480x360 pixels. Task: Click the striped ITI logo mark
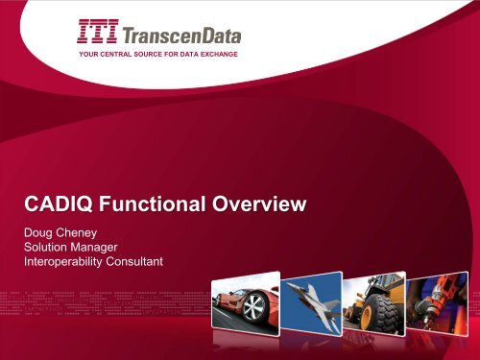[x=99, y=35]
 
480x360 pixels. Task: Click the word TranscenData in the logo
[x=180, y=36]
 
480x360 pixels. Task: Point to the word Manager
[x=115, y=247]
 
